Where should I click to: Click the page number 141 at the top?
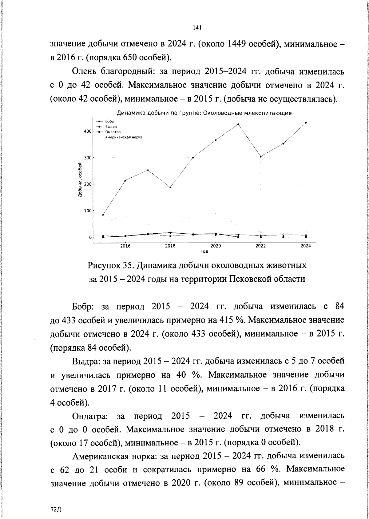coord(197,28)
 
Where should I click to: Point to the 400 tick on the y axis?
coord(88,131)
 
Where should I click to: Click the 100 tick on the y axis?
coord(88,211)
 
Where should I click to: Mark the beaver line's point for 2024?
coord(306,123)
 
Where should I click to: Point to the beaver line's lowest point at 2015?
coord(103,215)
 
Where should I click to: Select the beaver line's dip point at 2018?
coord(170,187)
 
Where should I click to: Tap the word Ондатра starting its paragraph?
coord(89,416)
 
